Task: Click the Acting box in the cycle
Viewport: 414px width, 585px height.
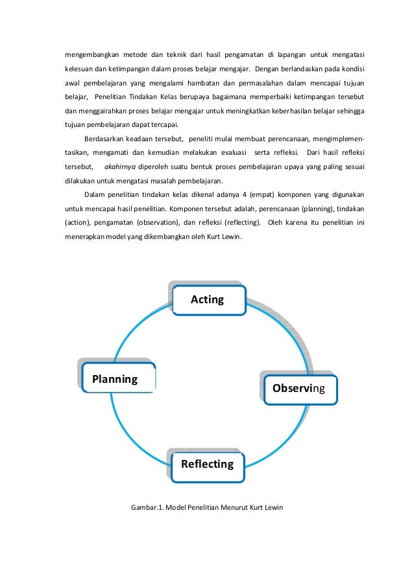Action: click(x=208, y=299)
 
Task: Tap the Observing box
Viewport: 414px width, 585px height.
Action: click(x=300, y=388)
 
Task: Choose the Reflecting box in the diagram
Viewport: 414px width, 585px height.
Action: click(x=207, y=465)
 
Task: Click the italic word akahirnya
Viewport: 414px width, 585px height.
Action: click(x=125, y=166)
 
